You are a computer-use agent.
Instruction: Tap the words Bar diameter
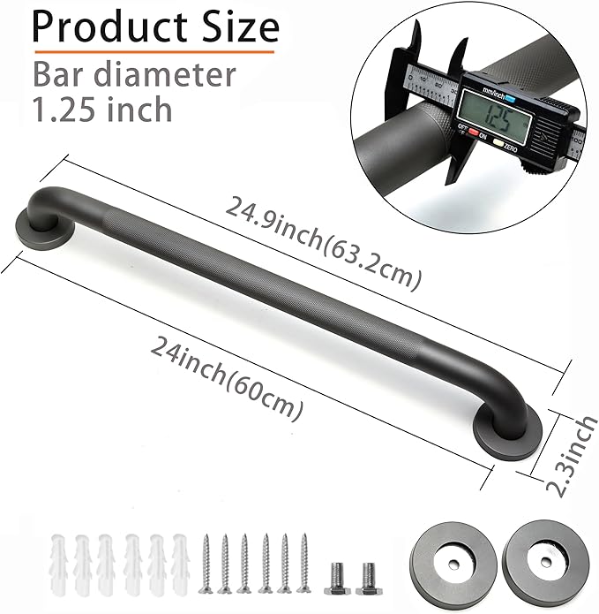(135, 74)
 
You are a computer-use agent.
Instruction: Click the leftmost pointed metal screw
(206, 562)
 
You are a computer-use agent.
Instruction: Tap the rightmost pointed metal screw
(304, 562)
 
